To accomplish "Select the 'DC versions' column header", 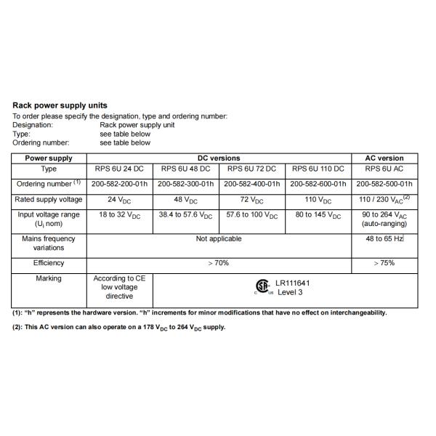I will [x=219, y=158].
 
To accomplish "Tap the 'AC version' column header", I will [x=384, y=158].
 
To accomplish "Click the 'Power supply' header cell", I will [x=49, y=158].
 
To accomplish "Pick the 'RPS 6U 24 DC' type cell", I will [x=120, y=169].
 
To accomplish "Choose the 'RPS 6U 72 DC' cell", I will [x=251, y=169].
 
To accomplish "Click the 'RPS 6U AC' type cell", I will [x=384, y=169].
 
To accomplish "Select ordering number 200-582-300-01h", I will [x=185, y=184].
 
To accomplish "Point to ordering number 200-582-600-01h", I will [x=320, y=184].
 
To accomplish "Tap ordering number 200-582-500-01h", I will [x=384, y=184].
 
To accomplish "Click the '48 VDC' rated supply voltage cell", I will [x=186, y=200].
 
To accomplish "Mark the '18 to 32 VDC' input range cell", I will [x=120, y=216].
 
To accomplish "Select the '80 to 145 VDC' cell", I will [x=320, y=216].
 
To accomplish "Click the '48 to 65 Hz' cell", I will [x=384, y=238].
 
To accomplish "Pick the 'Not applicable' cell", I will [x=219, y=238].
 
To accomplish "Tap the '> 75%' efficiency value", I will [x=384, y=263].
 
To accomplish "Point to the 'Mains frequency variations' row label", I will [x=49, y=243].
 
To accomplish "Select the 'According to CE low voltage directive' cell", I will [x=120, y=287].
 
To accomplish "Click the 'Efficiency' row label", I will [x=49, y=263].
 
